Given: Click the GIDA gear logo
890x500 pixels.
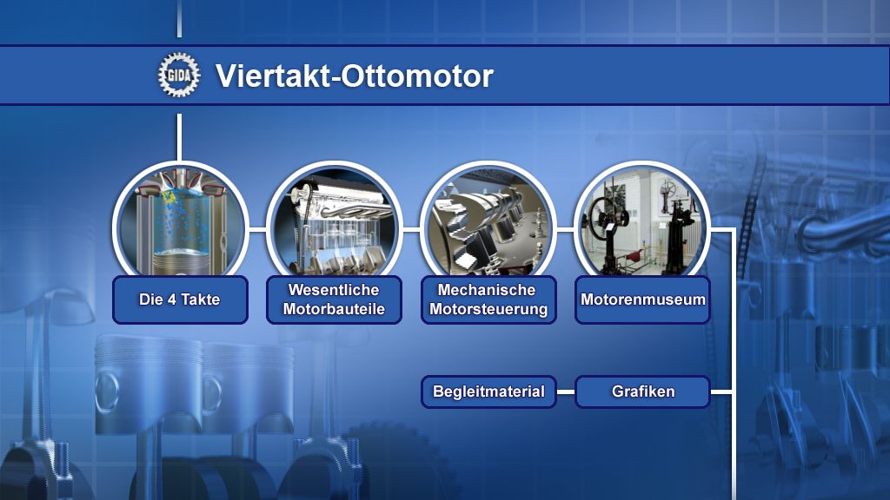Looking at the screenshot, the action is click(x=179, y=75).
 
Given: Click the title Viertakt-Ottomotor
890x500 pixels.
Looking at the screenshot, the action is click(x=355, y=76).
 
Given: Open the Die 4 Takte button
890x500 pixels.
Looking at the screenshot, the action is click(x=180, y=299).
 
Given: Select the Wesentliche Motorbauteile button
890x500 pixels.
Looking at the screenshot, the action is click(x=334, y=299).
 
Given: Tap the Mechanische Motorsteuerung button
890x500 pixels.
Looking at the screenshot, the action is click(x=488, y=299).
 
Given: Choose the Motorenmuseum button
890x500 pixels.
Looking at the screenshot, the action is click(x=642, y=299).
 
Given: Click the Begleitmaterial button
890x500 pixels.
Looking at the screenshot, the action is click(x=488, y=391).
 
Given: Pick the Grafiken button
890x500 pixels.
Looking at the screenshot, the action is click(x=642, y=391).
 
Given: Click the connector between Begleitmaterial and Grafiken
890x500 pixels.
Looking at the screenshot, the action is click(x=565, y=391).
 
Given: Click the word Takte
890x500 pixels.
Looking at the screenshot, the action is click(x=201, y=299).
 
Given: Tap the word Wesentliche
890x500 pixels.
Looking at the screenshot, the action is click(x=334, y=290).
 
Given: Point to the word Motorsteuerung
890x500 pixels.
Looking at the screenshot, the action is click(x=488, y=310).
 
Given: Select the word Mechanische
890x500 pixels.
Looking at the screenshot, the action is click(x=487, y=290).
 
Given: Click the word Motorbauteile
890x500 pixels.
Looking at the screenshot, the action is click(x=334, y=310).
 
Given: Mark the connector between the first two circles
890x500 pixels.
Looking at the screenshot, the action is click(x=257, y=229).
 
